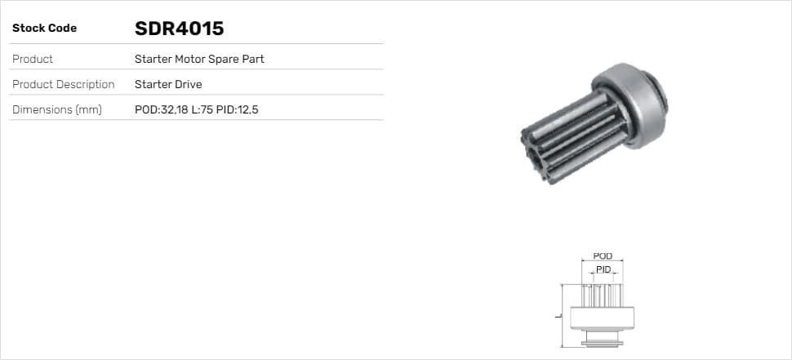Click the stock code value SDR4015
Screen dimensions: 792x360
[180, 29]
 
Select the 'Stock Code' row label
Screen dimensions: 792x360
[44, 29]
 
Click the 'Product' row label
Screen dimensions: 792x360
[33, 59]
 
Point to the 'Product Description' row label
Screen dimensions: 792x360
[63, 84]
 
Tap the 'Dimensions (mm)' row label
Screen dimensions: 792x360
[57, 109]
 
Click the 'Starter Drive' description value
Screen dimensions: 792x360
[168, 84]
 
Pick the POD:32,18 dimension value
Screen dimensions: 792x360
[161, 109]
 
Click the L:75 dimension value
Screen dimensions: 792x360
[202, 109]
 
